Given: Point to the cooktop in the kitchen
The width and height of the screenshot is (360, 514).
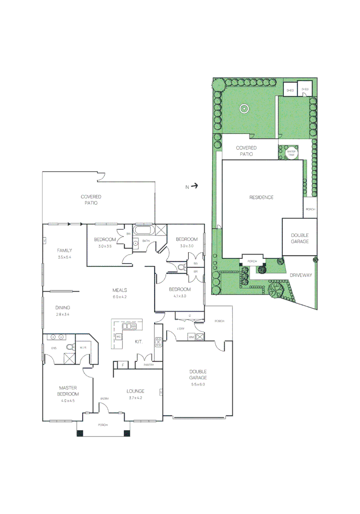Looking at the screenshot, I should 158,341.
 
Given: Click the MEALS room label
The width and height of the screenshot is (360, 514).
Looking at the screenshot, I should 120,290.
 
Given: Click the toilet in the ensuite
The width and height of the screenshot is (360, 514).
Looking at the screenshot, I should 70,346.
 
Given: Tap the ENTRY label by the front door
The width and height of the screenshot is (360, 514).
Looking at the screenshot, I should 104,398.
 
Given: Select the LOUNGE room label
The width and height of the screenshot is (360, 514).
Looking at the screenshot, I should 135,391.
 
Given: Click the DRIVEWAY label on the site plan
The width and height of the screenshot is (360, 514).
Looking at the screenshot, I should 300,275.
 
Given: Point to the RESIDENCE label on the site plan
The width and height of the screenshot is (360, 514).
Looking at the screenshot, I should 261,197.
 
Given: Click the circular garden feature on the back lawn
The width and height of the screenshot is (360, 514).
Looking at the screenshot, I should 244,109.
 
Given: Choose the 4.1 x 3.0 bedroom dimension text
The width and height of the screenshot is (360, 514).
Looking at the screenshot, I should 180,296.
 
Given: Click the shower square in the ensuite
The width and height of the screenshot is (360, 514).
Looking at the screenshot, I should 70,357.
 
